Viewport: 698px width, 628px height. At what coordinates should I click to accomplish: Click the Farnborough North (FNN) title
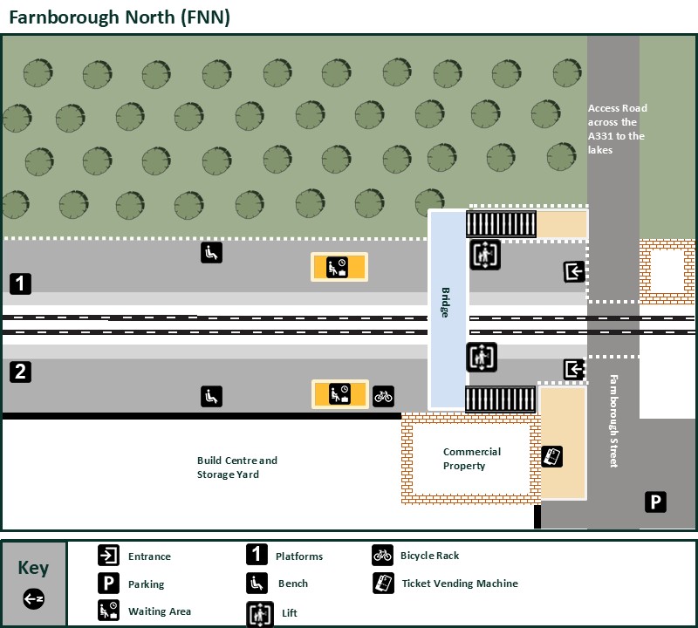click(x=119, y=17)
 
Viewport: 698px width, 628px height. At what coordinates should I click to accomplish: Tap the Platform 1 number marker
click(x=21, y=283)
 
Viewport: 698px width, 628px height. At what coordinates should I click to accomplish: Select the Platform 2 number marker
click(x=21, y=372)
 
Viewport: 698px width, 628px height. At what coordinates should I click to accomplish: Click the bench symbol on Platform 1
click(x=211, y=252)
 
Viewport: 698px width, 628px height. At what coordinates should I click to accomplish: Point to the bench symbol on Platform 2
click(x=211, y=396)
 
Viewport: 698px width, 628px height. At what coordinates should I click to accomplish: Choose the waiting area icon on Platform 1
click(x=339, y=267)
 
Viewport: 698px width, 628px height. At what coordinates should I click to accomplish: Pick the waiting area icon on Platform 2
click(x=339, y=394)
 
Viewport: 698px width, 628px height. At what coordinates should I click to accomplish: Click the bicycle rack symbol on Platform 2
click(x=383, y=396)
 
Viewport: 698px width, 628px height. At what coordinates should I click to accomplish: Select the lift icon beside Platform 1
click(x=484, y=255)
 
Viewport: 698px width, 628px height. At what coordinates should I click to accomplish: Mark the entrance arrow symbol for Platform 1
click(x=574, y=271)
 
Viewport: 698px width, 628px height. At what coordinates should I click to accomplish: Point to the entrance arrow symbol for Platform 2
click(x=574, y=369)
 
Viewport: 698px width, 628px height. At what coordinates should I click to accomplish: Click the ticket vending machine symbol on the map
click(x=552, y=456)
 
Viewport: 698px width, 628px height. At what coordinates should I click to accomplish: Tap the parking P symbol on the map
click(x=655, y=502)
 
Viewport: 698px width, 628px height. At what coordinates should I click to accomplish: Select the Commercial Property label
click(x=471, y=459)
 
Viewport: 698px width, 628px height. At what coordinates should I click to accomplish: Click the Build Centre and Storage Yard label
click(x=236, y=468)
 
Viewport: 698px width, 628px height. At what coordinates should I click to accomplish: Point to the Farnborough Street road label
click(x=613, y=420)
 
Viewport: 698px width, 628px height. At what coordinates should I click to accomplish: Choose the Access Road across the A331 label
click(x=617, y=129)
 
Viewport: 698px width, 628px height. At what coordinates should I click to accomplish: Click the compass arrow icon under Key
click(x=33, y=599)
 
